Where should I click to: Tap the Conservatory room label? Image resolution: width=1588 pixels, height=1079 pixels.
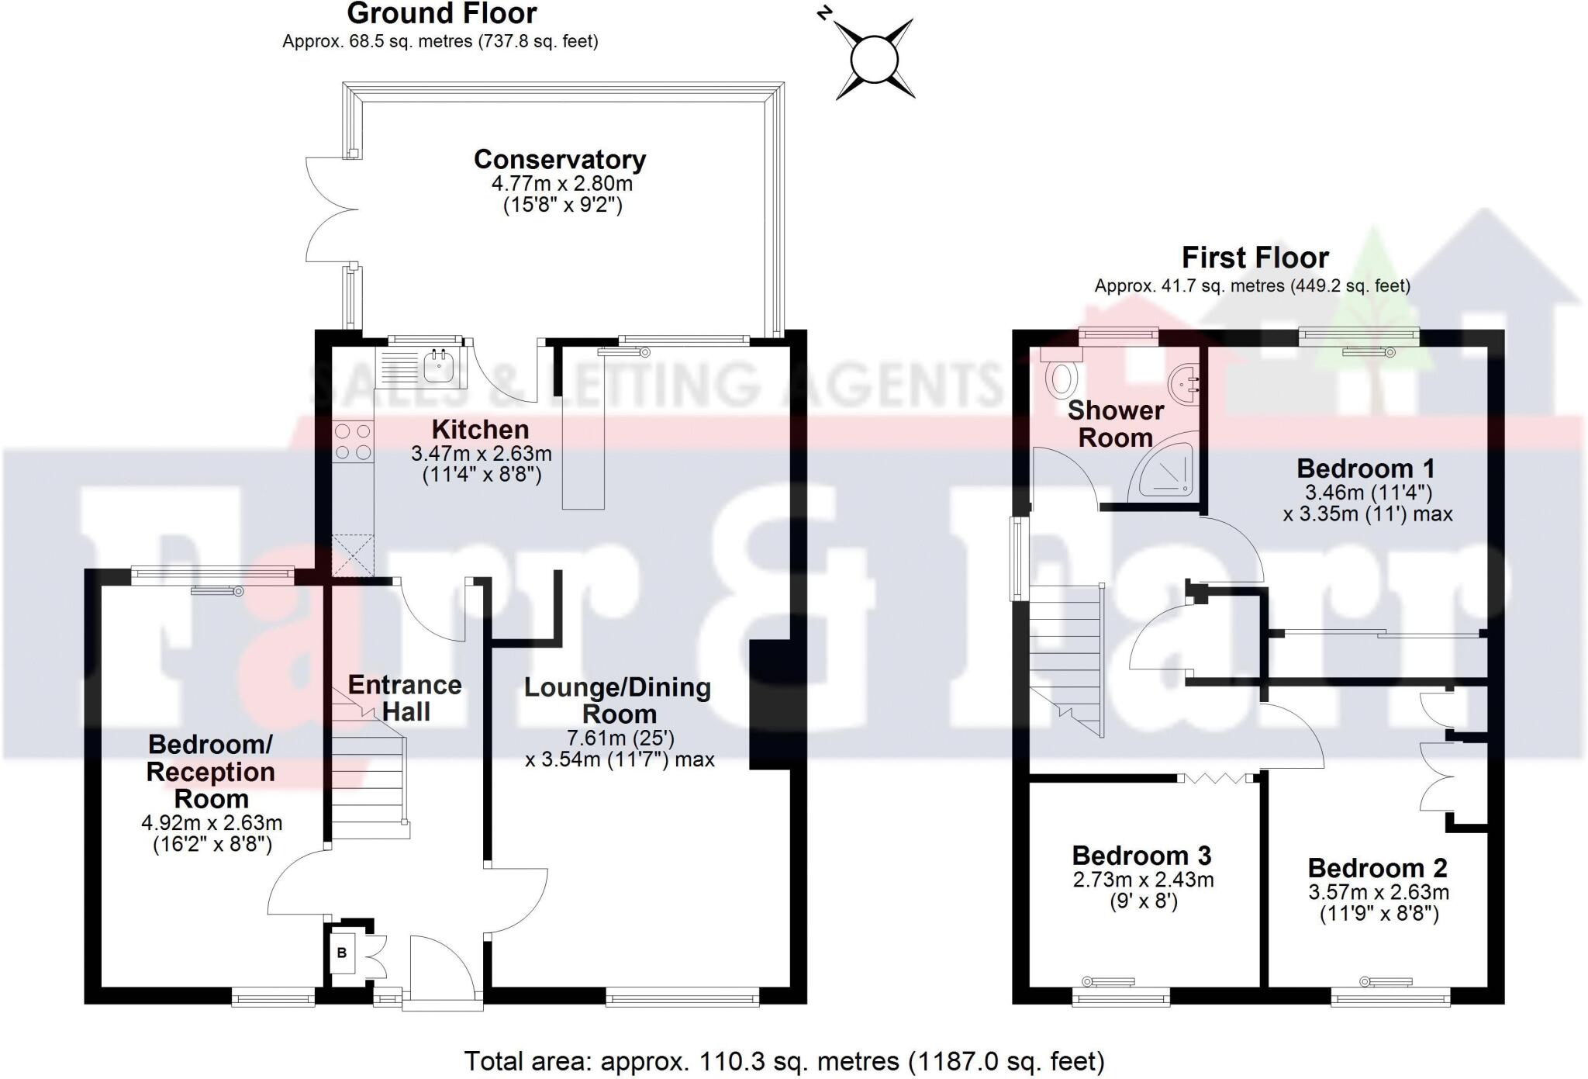[560, 160]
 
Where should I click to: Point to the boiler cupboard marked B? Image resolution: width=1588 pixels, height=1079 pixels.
[342, 953]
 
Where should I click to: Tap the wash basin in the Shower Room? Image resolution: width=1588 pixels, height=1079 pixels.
[1184, 382]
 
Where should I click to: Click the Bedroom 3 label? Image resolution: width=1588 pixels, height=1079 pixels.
[1141, 856]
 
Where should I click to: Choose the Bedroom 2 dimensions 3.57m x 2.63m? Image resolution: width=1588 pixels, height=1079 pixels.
[1379, 892]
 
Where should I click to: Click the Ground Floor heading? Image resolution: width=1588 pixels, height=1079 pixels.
[441, 14]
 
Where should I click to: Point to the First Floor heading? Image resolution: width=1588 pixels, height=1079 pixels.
[1255, 258]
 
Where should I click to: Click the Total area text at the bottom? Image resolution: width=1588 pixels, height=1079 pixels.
[784, 1060]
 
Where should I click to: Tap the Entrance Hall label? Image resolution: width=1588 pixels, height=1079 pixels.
[405, 698]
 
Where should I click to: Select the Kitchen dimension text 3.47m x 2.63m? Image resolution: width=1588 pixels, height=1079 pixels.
[481, 453]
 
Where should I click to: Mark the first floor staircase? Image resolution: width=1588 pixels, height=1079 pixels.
[1065, 659]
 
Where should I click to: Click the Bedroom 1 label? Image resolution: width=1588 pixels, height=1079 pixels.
[1365, 469]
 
